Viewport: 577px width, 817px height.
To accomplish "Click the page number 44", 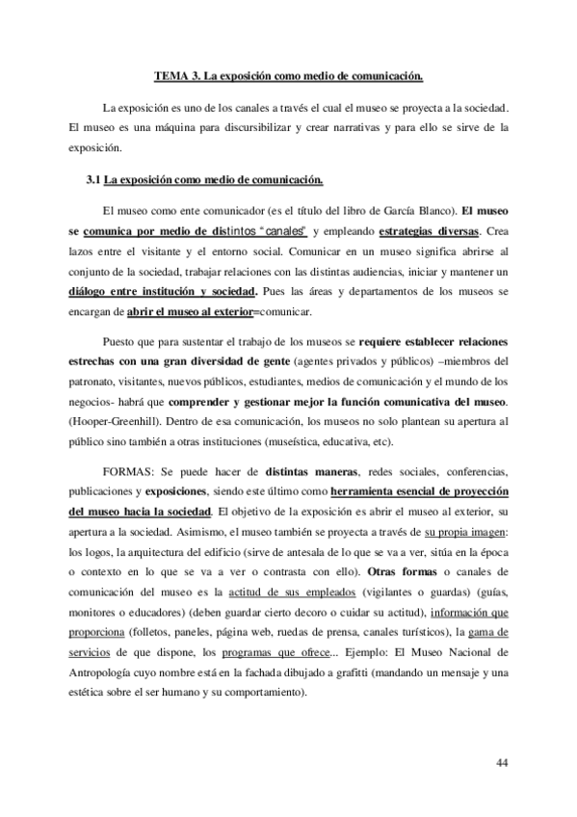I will pos(502,763).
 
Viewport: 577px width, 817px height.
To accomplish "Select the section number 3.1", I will pos(93,179).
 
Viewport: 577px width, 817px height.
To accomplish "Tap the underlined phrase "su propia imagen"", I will pos(466,532).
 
